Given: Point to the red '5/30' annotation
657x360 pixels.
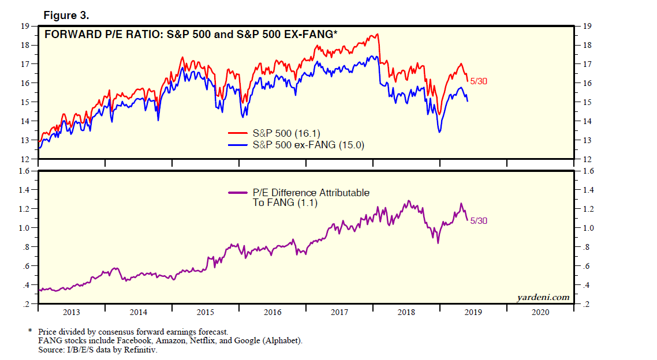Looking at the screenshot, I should point(479,81).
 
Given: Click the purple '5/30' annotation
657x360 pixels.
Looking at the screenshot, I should point(479,220).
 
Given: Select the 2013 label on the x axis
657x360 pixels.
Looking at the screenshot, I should point(71,312).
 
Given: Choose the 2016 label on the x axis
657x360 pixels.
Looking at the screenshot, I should point(272,312).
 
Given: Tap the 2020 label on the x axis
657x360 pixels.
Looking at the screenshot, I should point(540,312).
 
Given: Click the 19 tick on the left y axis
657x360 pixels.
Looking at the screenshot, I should point(25,26).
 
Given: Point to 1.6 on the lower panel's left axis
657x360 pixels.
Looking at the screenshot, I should point(24,171).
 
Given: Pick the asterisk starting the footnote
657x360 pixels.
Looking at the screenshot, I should point(29,332).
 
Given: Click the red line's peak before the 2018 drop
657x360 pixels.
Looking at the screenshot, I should point(377,35).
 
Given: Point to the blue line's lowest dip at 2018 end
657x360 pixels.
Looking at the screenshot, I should point(439,132).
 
